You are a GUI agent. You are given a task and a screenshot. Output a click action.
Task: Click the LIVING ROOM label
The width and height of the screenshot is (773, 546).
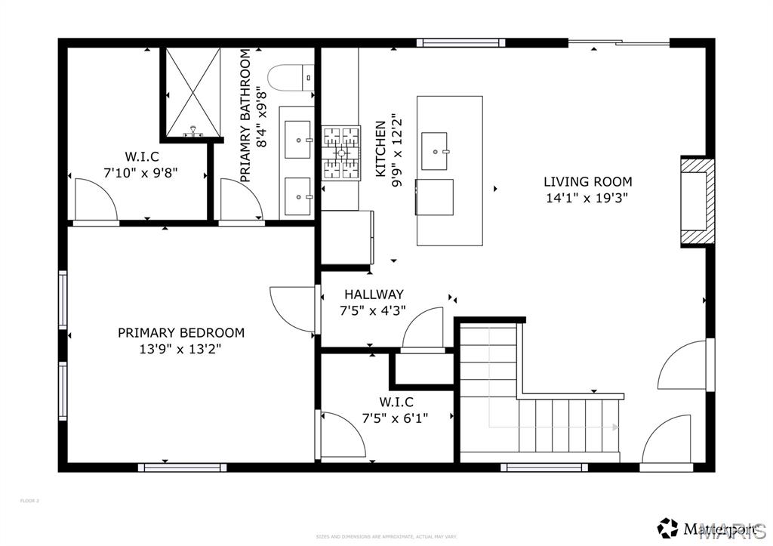pyautogui.click(x=587, y=181)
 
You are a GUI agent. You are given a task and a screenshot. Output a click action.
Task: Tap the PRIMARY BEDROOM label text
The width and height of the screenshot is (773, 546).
pyautogui.click(x=180, y=332)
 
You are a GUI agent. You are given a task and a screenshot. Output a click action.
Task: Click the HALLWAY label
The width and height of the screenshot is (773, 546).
pyautogui.click(x=374, y=295)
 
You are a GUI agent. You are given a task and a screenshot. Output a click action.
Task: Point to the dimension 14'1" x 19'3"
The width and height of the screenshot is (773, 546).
pyautogui.click(x=587, y=198)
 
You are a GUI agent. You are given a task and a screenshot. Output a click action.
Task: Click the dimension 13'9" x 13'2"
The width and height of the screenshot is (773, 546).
pyautogui.click(x=180, y=349)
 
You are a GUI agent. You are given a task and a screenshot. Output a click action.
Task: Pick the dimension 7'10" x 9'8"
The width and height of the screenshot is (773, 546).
pyautogui.click(x=140, y=172)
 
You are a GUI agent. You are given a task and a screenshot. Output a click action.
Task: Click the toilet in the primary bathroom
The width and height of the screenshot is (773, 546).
pyautogui.click(x=291, y=77)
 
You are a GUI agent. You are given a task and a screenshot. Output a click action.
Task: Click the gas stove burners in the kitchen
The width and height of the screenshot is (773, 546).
pyautogui.click(x=341, y=153)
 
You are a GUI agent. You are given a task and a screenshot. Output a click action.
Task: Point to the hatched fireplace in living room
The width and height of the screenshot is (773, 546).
pyautogui.click(x=696, y=202)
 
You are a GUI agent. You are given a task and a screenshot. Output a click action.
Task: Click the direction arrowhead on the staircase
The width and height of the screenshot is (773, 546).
pyautogui.click(x=615, y=427)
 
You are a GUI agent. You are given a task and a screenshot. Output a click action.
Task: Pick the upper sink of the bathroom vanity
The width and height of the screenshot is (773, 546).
pyautogui.click(x=297, y=140)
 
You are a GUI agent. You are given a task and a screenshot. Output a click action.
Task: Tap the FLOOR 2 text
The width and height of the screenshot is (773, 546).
pyautogui.click(x=29, y=501)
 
